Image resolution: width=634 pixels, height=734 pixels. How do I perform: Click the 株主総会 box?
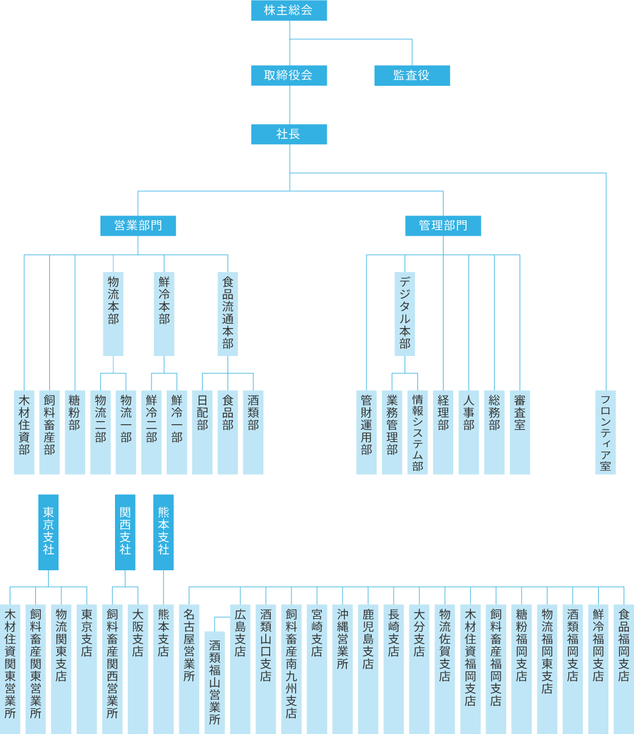pos(289,10)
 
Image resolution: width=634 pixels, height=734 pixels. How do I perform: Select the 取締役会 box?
pos(289,75)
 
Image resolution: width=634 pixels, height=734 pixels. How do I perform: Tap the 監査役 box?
pos(412,75)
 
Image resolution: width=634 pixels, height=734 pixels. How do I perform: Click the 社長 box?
pos(289,135)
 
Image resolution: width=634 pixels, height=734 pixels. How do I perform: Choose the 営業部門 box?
pos(138,226)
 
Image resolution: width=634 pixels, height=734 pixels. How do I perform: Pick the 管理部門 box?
pos(443,226)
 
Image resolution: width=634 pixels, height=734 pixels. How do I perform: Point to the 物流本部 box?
pos(113,313)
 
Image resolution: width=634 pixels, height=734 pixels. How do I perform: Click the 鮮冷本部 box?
pos(164,313)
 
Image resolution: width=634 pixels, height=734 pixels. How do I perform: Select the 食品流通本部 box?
pos(228,313)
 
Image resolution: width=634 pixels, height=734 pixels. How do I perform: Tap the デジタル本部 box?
pos(405,313)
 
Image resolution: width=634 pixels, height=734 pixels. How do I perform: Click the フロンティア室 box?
pos(605,432)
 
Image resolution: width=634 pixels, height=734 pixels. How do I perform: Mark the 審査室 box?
pos(520,432)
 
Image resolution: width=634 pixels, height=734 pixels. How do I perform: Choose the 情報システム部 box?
pos(417,432)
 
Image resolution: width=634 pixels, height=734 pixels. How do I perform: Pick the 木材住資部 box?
pos(24,432)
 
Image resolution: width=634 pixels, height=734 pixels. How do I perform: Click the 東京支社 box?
pos(49,532)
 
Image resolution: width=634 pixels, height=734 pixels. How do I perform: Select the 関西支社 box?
pos(125,532)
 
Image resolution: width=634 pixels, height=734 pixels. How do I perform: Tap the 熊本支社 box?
pos(164,532)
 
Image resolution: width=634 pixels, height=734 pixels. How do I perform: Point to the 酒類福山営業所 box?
pos(215,682)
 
